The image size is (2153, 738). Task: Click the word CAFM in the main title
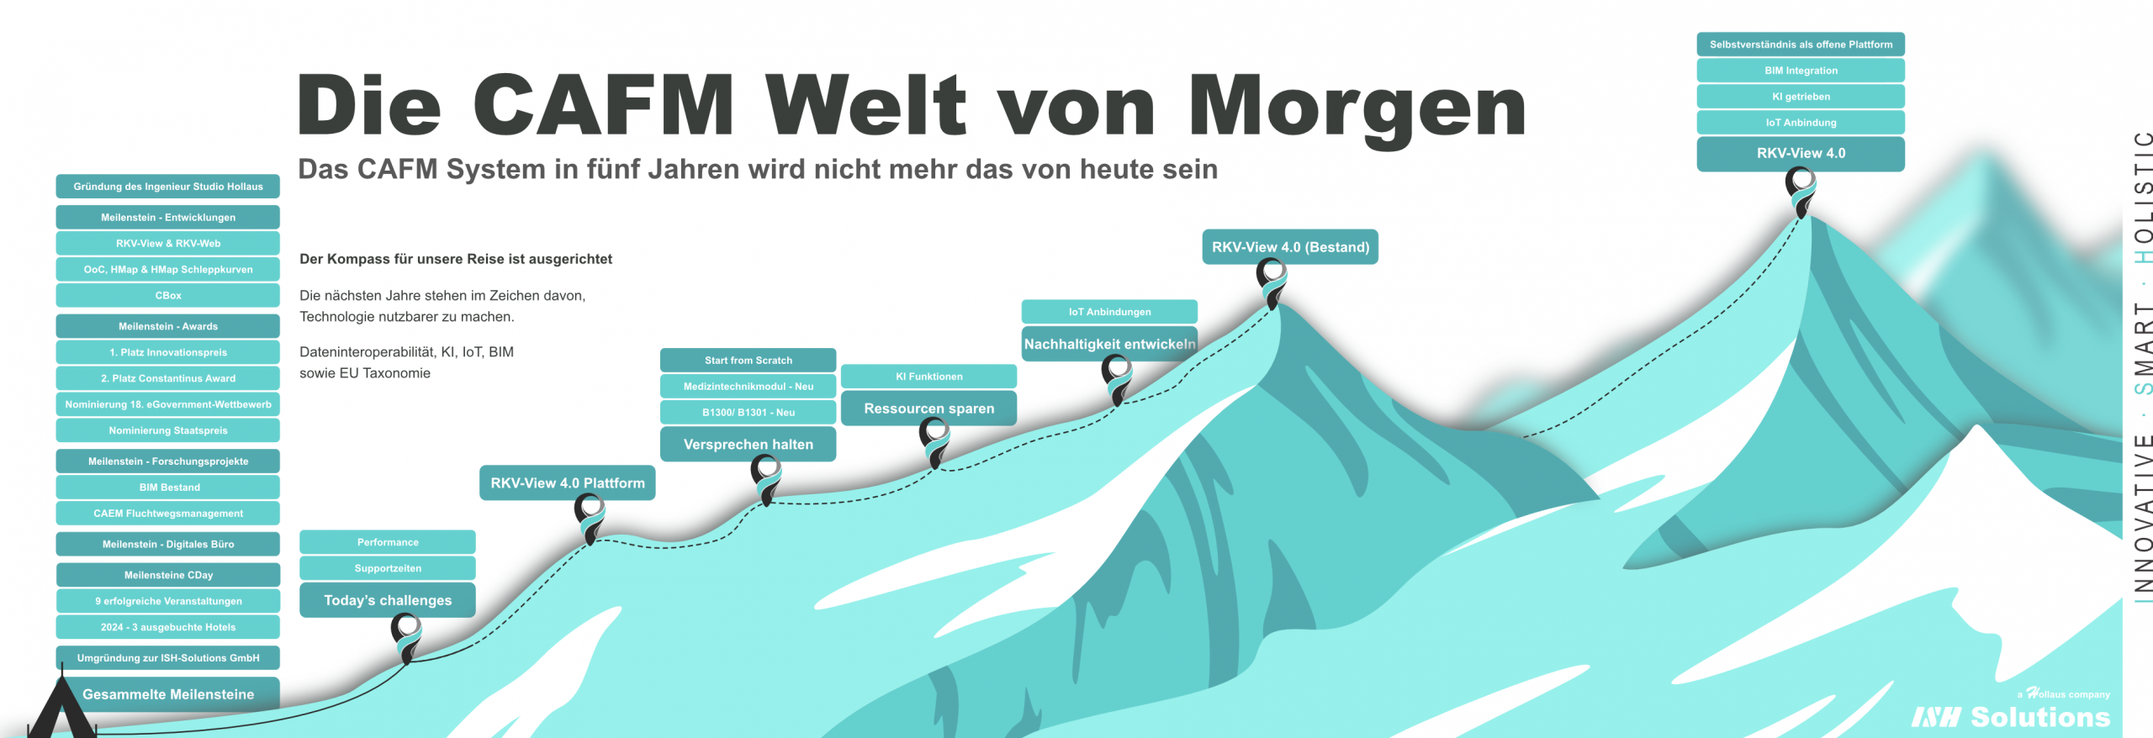tap(603, 105)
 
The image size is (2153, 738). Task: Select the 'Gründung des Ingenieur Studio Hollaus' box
tap(168, 187)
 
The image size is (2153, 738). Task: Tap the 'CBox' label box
tap(168, 296)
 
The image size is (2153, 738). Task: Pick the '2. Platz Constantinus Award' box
tap(168, 378)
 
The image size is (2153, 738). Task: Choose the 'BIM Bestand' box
tap(168, 488)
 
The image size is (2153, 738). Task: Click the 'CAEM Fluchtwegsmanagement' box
tap(168, 514)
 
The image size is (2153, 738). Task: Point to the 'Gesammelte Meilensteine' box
tap(168, 694)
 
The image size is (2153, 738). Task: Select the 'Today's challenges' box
tap(388, 600)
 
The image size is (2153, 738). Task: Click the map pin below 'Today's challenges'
tap(406, 635)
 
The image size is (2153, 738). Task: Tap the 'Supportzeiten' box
tap(388, 568)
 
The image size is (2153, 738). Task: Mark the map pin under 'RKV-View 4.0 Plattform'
tap(590, 516)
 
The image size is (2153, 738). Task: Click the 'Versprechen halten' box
tap(748, 445)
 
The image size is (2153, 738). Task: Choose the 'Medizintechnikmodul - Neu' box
tap(748, 387)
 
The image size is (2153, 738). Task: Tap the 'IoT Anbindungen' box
tap(1109, 312)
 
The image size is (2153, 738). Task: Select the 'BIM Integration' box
tap(1801, 71)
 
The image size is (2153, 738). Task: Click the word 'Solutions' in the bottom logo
tap(2040, 717)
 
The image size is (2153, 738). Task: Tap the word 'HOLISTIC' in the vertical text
tap(2144, 197)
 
